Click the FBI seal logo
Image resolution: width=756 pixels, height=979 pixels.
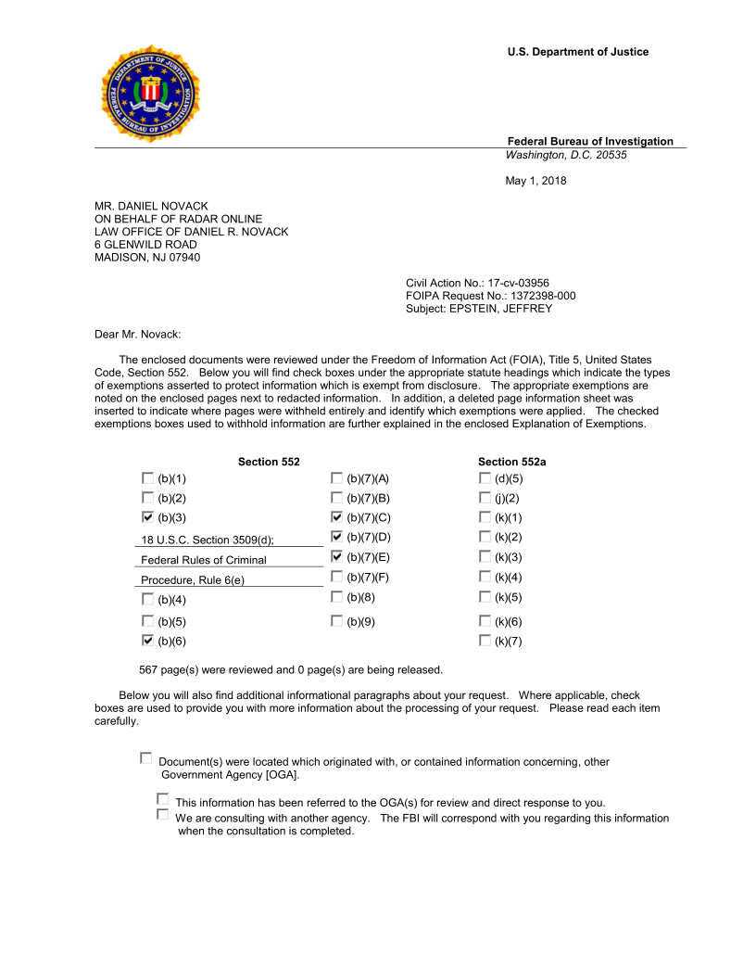150,94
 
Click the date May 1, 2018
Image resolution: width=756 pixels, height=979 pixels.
535,181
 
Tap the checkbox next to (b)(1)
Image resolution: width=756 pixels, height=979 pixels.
147,478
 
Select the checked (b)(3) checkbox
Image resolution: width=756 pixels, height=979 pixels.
147,516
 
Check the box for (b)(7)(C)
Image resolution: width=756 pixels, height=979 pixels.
336,516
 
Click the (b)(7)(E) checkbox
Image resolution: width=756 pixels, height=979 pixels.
336,556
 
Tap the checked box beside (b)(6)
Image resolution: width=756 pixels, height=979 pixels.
147,641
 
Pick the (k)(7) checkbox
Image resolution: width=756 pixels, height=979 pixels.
485,641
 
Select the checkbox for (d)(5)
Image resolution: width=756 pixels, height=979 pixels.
485,478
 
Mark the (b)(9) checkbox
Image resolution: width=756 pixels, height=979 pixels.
336,620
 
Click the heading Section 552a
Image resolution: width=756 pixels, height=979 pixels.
505,462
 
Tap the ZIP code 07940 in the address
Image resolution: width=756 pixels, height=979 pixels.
183,258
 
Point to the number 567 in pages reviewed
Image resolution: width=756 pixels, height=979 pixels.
148,669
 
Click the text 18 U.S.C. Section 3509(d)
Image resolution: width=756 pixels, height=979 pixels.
208,540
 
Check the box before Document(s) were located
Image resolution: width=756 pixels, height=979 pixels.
145,758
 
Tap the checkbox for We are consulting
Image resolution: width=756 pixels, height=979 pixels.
163,815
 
